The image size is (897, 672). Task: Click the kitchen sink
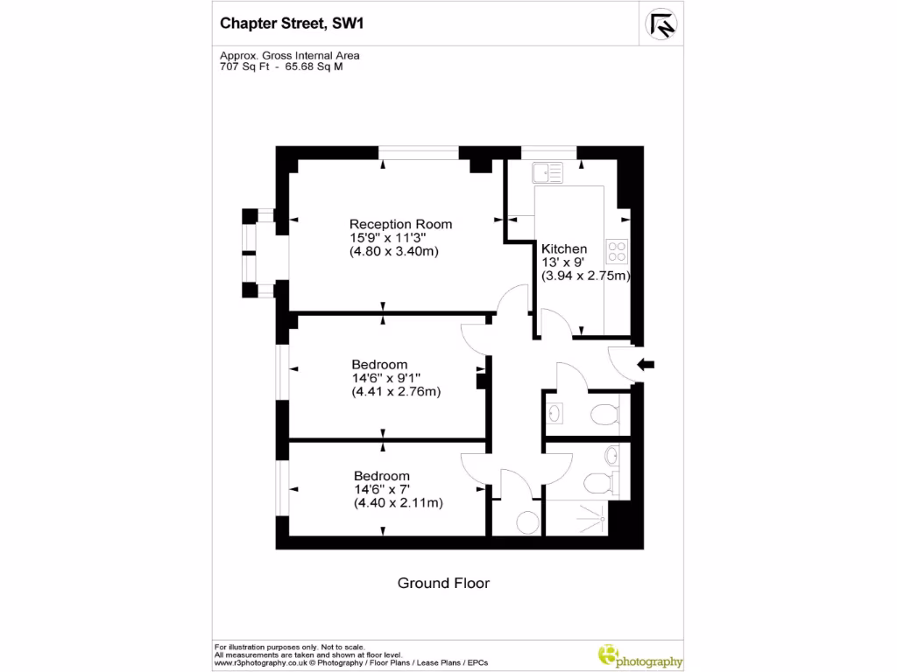pos(550,172)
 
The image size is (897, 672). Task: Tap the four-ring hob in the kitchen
pos(618,251)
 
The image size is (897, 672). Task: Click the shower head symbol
pos(602,517)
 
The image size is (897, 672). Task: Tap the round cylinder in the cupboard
pos(528,522)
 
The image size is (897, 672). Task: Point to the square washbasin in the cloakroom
pos(557,412)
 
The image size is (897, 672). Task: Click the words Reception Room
pos(400,224)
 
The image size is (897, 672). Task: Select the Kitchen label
pos(564,249)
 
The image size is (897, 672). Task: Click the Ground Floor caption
pos(443,583)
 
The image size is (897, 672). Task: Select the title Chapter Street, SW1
pos(291,24)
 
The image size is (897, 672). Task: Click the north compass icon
pos(663,24)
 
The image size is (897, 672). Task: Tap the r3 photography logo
pos(639,655)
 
